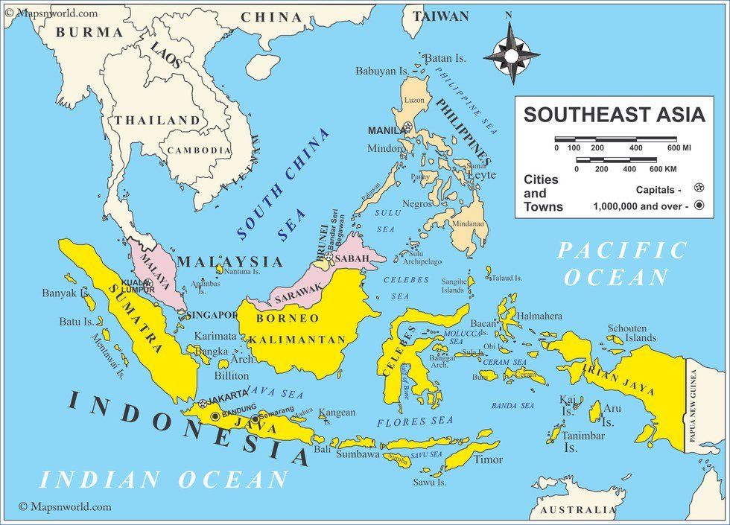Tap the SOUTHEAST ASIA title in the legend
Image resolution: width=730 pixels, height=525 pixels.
click(613, 115)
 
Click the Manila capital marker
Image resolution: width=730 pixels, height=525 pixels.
click(410, 128)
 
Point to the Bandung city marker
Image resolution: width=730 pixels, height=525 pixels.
click(216, 416)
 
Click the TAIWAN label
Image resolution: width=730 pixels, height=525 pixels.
click(441, 16)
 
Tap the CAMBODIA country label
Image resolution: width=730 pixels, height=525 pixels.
click(199, 150)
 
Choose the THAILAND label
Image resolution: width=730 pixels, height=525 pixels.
click(157, 120)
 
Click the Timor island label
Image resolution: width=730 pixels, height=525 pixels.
click(489, 459)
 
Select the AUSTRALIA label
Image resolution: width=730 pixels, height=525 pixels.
click(577, 510)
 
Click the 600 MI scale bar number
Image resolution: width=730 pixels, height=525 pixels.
click(677, 149)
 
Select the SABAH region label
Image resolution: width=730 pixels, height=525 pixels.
click(355, 258)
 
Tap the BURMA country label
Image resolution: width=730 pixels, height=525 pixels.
click(89, 33)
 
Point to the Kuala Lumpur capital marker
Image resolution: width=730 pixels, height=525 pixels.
click(147, 283)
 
